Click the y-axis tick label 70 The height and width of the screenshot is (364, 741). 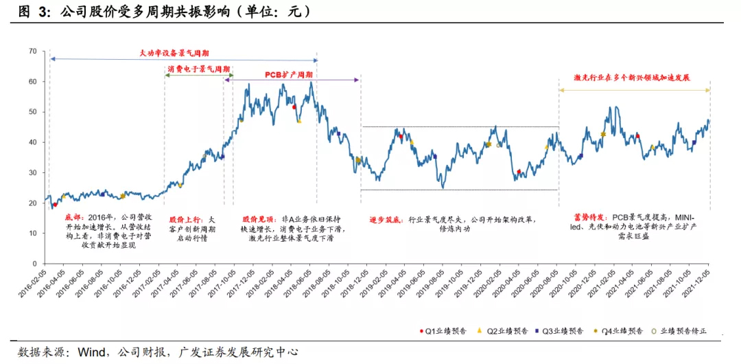click(32, 52)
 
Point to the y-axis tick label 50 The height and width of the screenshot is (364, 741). click(32, 112)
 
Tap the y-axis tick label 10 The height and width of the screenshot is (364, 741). click(32, 234)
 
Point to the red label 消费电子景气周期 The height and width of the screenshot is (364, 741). click(198, 69)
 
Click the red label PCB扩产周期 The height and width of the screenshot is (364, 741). click(290, 73)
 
